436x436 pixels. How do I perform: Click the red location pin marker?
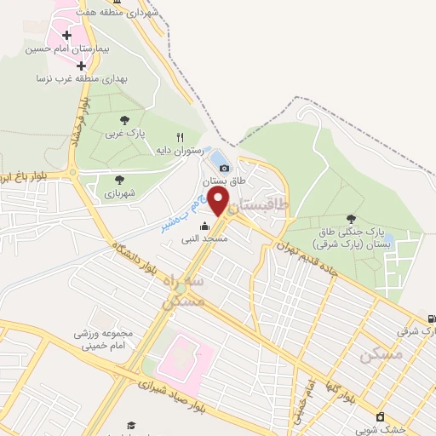tap(219, 202)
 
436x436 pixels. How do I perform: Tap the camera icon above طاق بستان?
tap(224, 168)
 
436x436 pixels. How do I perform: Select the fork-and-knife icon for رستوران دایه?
tap(180, 137)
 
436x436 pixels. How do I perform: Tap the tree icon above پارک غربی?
tap(125, 120)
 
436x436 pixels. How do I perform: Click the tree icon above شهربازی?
tap(118, 180)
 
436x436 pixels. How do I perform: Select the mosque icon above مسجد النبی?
tap(204, 227)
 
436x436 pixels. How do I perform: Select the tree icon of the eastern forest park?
tap(351, 219)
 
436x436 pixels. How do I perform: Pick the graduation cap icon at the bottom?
tap(131, 425)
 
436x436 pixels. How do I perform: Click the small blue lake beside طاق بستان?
tap(218, 160)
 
